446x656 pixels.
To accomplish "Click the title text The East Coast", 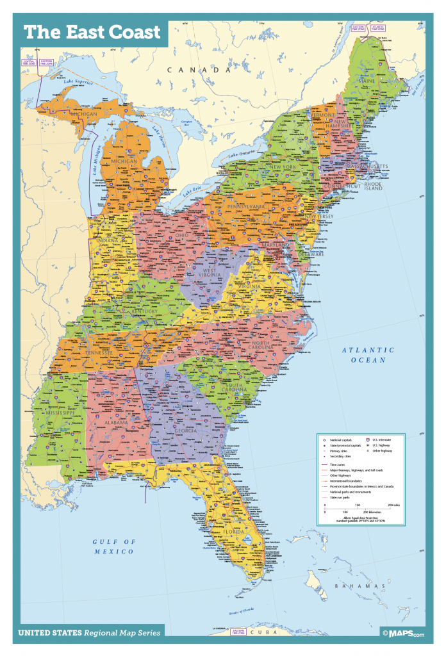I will point(92,32).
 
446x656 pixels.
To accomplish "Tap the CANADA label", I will point(198,69).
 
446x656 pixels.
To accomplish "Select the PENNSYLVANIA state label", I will point(244,207).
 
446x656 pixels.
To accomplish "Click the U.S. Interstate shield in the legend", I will point(367,440).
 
